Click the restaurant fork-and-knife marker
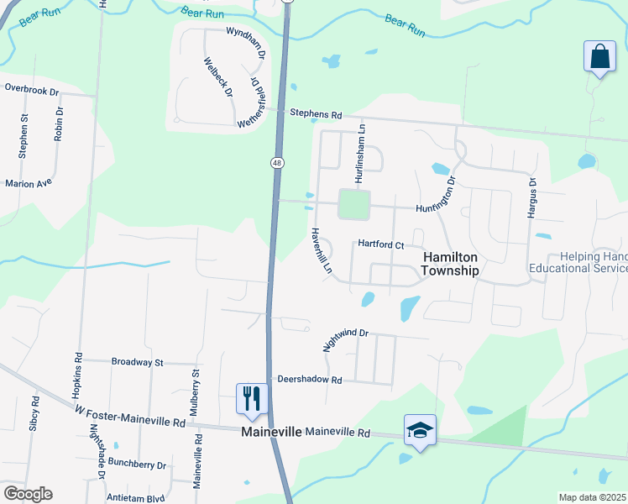coord(252,399)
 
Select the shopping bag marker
coord(599,58)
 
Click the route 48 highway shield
coord(276,161)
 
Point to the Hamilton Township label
coord(451,264)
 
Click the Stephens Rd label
coord(317,113)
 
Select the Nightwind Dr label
coord(345,339)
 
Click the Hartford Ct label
coord(381,244)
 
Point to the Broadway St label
coord(137,362)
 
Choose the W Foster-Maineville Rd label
coord(129,417)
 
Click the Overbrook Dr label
coord(31,87)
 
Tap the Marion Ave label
coord(29,182)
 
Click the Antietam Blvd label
coord(136,496)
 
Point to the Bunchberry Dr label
coord(139,465)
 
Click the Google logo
coord(28,494)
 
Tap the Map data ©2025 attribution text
coord(593,497)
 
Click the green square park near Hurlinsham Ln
coord(353,204)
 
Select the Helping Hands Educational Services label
coord(578,262)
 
